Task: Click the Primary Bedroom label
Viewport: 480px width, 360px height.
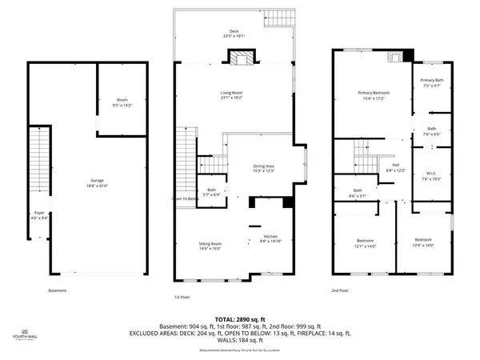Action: click(373, 96)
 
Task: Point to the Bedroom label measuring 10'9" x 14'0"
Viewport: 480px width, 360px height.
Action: click(423, 242)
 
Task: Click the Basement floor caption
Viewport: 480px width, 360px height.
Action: click(57, 290)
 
